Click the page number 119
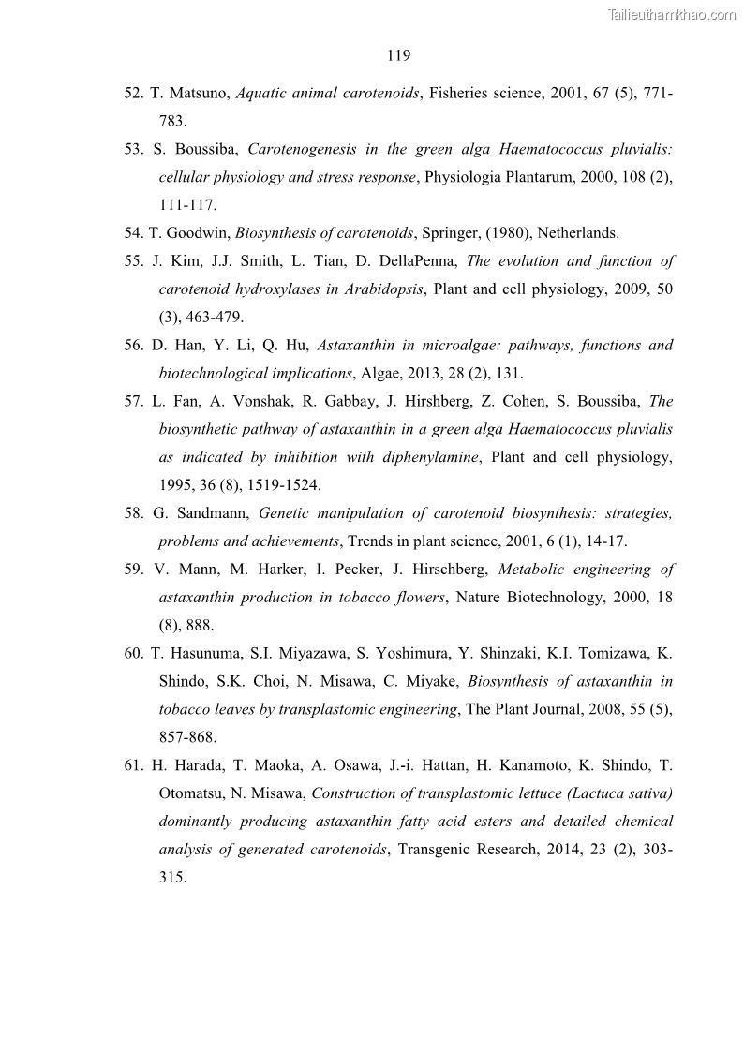[x=398, y=55]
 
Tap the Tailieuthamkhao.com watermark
[x=672, y=14]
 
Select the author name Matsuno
[x=198, y=93]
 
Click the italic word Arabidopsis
[x=375, y=289]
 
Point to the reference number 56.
[x=133, y=346]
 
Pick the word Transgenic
[x=440, y=851]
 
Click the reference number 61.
[x=133, y=766]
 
